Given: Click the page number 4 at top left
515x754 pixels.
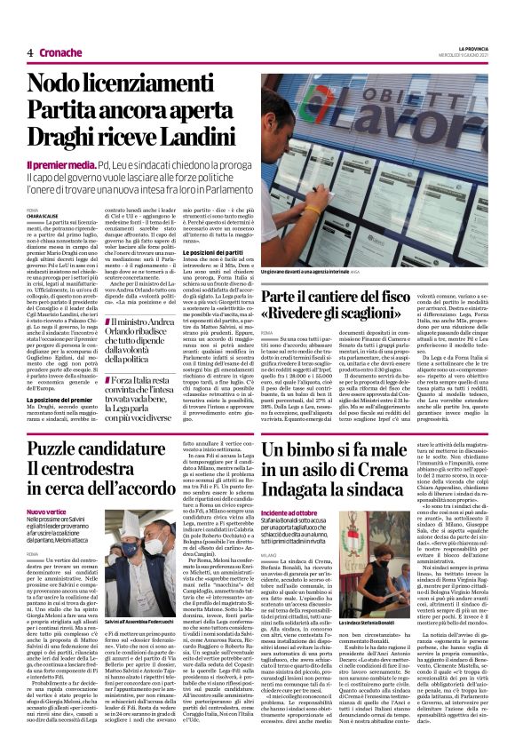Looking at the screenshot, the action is pyautogui.click(x=30, y=52).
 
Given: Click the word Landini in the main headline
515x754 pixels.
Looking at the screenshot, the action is pyautogui.click(x=192, y=135).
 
